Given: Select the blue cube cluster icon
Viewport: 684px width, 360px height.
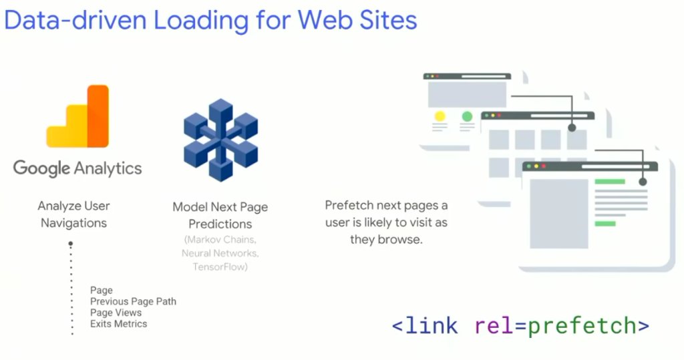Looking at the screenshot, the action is coord(220,140).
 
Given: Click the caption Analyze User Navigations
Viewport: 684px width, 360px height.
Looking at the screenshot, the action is coord(73,214).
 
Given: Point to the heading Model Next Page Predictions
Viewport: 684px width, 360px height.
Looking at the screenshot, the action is coord(220,215).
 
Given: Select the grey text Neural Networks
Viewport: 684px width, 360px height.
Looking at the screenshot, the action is coord(220,254).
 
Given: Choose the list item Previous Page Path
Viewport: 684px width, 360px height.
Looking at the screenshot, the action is coord(133,301).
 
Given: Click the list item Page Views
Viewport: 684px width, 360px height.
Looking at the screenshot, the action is coord(116,313).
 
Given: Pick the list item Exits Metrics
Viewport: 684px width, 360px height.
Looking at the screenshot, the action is coord(118,324).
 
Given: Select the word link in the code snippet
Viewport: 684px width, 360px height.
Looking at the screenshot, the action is coord(431,326).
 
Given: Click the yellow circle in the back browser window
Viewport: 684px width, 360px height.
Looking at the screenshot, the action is coord(440,116).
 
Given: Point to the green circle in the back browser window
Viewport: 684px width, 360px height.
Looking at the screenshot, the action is coord(467,116).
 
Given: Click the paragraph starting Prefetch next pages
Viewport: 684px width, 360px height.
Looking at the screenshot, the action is coord(387,222).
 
